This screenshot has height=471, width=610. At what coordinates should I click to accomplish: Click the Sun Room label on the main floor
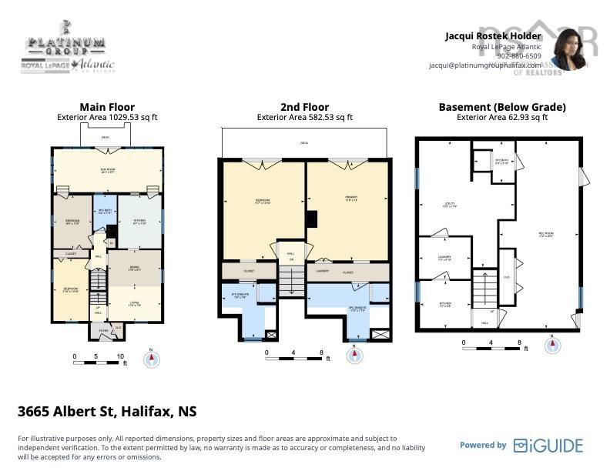pyautogui.click(x=107, y=172)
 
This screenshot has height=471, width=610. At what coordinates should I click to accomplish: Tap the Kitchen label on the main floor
pyautogui.click(x=139, y=222)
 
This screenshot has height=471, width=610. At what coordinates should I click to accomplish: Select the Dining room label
pyautogui.click(x=133, y=270)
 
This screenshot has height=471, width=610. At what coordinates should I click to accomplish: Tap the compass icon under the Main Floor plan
pyautogui.click(x=152, y=359)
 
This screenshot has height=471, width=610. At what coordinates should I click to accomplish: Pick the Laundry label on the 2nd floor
pyautogui.click(x=323, y=272)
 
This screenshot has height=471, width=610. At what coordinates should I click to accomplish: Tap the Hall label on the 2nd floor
pyautogui.click(x=290, y=254)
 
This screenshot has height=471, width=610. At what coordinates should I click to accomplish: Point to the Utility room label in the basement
pyautogui.click(x=449, y=205)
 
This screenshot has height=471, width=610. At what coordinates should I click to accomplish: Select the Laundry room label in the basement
pyautogui.click(x=444, y=258)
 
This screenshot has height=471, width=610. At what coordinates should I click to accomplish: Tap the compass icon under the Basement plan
pyautogui.click(x=552, y=346)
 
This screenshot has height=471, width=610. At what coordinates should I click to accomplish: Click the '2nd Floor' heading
pyautogui.click(x=304, y=107)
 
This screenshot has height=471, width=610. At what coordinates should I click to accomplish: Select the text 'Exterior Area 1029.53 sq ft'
pyautogui.click(x=107, y=118)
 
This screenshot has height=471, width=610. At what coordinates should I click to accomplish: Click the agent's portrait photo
pyautogui.click(x=568, y=50)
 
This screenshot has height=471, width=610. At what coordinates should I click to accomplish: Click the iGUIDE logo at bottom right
pyautogui.click(x=548, y=446)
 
